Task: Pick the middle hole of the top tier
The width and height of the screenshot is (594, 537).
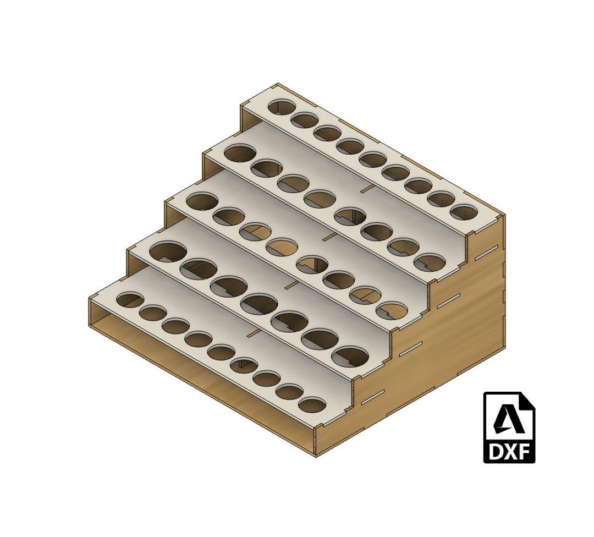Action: (373, 160)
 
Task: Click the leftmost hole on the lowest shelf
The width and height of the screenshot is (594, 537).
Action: (130, 299)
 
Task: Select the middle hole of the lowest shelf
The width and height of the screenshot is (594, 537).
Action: (222, 352)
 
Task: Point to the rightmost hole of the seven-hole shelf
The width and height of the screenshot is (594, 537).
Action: (350, 356)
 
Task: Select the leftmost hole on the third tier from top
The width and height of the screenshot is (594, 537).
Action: (202, 201)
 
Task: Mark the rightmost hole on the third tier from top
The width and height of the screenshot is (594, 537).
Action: (392, 311)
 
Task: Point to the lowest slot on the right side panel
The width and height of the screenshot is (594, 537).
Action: (375, 397)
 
